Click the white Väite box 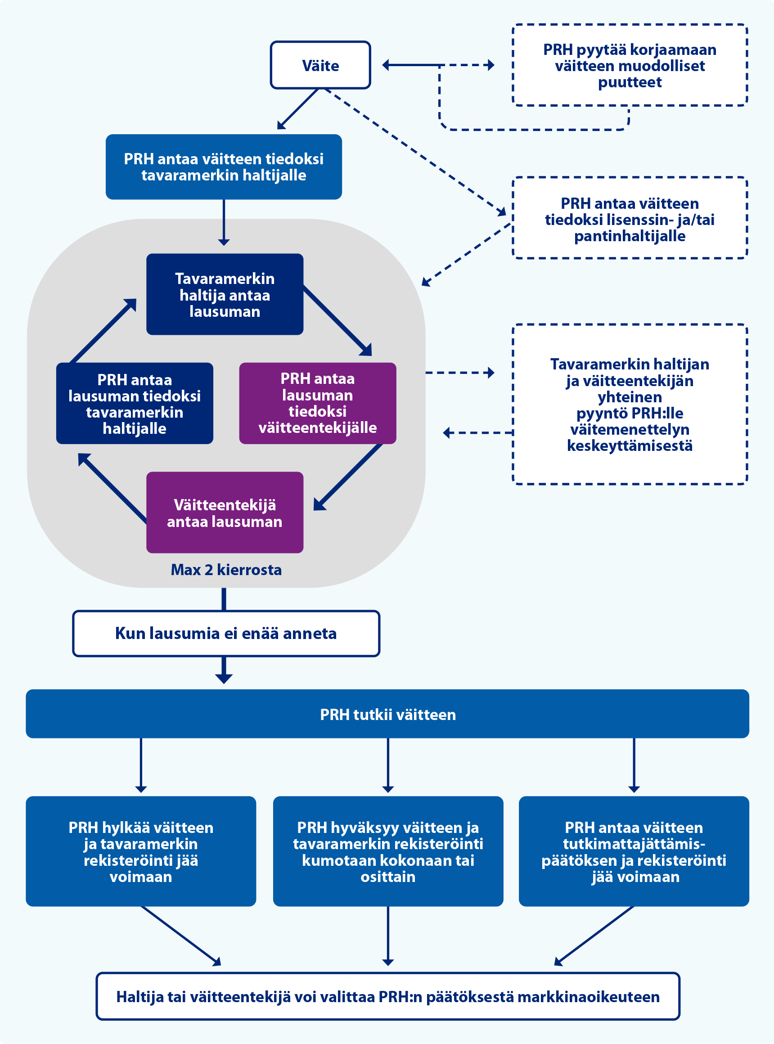pos(320,65)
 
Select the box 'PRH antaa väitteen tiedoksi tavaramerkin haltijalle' pos(224,167)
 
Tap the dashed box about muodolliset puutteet pos(629,66)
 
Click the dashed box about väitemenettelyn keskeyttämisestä pos(629,404)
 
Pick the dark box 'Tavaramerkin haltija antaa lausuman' pos(225,295)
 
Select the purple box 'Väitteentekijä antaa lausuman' pos(225,513)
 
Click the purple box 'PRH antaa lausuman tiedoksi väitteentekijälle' pos(317,403)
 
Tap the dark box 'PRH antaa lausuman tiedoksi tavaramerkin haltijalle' pos(135,404)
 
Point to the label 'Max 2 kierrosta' pos(226,570)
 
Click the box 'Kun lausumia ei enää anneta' pos(226,634)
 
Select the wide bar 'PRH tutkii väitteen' pos(387,714)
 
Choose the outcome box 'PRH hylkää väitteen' pos(140,851)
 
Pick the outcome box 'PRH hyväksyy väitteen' pos(388,851)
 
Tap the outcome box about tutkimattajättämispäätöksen pos(634,851)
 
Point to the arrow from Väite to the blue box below pos(298,109)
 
